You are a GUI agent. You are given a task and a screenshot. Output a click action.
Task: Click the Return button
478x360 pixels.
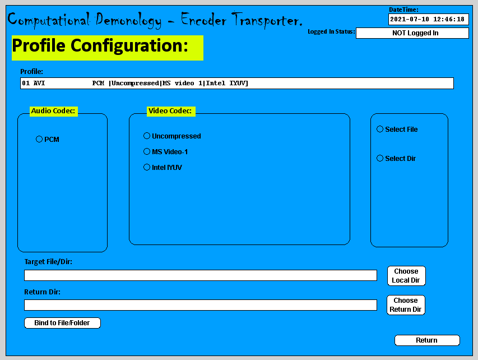pos(427,340)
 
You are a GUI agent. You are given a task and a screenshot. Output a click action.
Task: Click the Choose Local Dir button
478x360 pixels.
pos(406,276)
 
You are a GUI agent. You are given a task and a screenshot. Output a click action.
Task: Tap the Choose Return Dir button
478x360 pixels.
pos(406,305)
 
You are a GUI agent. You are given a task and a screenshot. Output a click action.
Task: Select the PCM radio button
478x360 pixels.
pos(39,139)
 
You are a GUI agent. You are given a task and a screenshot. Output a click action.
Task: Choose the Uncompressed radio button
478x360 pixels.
pos(147,136)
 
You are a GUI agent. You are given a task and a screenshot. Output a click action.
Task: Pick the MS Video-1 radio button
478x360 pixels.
pos(147,151)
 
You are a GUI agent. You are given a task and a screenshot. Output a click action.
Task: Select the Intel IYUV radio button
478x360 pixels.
pos(147,167)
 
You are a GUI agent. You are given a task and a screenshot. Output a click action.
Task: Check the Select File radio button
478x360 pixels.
pos(380,129)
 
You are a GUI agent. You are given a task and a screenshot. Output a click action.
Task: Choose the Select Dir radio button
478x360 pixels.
pos(380,158)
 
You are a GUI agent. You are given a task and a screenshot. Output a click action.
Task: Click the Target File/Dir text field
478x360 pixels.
pos(200,275)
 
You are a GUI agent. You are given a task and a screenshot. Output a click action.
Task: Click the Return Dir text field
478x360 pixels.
pos(200,305)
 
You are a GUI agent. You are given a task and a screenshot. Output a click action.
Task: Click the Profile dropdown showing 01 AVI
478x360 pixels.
pos(236,84)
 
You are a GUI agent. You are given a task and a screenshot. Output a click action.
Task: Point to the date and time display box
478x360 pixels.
pos(428,19)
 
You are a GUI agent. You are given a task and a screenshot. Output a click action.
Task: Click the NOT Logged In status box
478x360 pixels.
pos(412,33)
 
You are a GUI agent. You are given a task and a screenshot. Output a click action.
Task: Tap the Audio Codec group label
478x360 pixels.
pos(53,111)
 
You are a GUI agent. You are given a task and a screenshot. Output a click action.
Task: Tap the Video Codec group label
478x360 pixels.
pos(170,111)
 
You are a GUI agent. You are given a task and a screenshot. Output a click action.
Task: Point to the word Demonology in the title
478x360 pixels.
pos(128,20)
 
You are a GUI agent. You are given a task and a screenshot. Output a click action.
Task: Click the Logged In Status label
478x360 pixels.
pos(331,32)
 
